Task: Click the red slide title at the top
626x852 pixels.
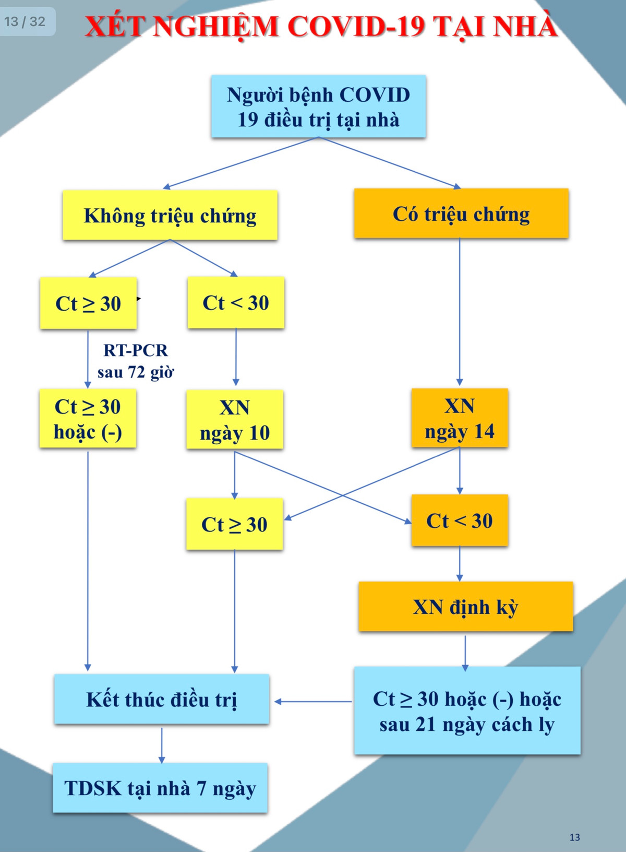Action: point(321,26)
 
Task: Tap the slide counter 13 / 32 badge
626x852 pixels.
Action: point(25,21)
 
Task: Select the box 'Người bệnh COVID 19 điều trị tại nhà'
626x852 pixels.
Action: point(318,106)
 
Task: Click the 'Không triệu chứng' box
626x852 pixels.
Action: point(170,215)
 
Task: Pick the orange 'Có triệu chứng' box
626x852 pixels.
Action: point(461,214)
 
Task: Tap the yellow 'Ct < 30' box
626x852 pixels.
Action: point(236,303)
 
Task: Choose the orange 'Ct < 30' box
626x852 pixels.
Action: point(460,520)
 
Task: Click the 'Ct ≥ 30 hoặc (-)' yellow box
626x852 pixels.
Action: point(88,419)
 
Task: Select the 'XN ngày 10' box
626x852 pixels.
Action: point(235,420)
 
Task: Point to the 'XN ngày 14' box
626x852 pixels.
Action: point(460,418)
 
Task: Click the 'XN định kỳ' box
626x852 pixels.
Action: point(465,607)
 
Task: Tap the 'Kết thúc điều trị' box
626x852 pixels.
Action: point(162,699)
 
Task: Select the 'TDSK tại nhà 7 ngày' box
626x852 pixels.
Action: point(160,788)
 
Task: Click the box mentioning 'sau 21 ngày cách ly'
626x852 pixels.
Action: point(467,711)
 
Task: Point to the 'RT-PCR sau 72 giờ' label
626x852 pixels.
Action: point(136,361)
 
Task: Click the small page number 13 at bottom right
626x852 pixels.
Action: point(574,837)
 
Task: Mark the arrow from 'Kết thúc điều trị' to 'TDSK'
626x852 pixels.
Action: point(162,744)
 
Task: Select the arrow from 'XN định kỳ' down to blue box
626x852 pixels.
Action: point(465,650)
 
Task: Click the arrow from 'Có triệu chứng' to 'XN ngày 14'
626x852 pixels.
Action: point(460,313)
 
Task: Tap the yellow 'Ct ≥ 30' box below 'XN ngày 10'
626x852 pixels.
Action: point(234,524)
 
